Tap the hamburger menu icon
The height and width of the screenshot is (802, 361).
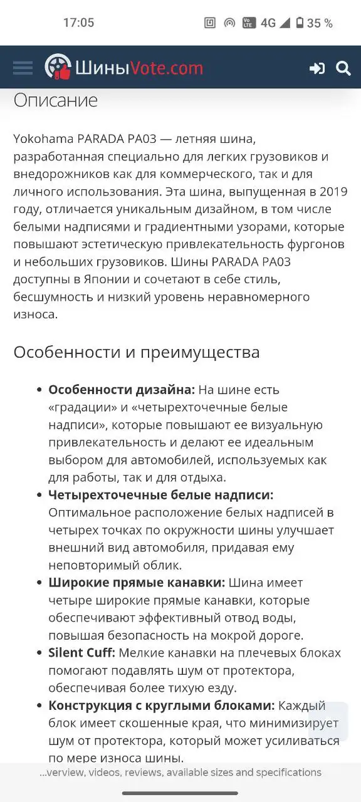pos(23,68)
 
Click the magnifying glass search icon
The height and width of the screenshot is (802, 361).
pos(343,68)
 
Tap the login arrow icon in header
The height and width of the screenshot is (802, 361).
pos(317,68)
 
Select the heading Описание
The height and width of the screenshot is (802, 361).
pos(56,100)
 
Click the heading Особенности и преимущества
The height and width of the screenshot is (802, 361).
pos(137,353)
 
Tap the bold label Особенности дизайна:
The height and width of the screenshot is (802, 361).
pos(122,390)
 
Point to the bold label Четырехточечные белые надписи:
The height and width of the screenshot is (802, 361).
pos(161,495)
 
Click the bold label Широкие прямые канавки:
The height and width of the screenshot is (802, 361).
pos(137,583)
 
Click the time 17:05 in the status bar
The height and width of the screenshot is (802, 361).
pos(78,23)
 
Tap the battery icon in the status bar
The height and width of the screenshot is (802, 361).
pos(300,23)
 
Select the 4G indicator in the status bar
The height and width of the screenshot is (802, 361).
pos(268,23)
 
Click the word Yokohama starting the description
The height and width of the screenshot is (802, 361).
pos(43,138)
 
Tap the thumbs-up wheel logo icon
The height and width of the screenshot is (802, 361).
pos(58,67)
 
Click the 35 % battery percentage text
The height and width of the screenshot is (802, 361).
pos(320,23)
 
